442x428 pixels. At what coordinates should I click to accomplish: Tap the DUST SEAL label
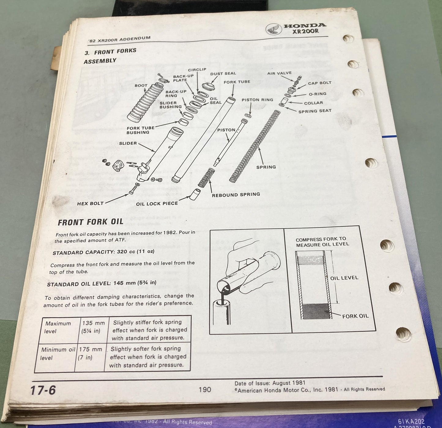pyautogui.click(x=223, y=73)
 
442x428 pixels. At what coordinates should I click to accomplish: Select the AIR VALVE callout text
pyautogui.click(x=279, y=73)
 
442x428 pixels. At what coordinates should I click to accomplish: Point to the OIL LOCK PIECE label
pyautogui.click(x=157, y=203)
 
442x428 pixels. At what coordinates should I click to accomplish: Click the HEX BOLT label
pyautogui.click(x=90, y=203)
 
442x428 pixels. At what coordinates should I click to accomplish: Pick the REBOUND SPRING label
pyautogui.click(x=236, y=194)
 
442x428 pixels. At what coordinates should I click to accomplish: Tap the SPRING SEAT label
pyautogui.click(x=315, y=111)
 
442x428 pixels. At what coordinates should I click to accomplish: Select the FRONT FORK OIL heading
pyautogui.click(x=91, y=222)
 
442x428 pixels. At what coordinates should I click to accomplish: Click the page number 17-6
pyautogui.click(x=43, y=391)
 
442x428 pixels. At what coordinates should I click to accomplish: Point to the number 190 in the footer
pyautogui.click(x=205, y=389)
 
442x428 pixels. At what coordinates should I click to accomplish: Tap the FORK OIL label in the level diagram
pyautogui.click(x=355, y=316)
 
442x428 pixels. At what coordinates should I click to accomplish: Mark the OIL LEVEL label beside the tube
pyautogui.click(x=344, y=278)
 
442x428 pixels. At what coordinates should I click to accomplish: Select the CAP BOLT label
pyautogui.click(x=320, y=83)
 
